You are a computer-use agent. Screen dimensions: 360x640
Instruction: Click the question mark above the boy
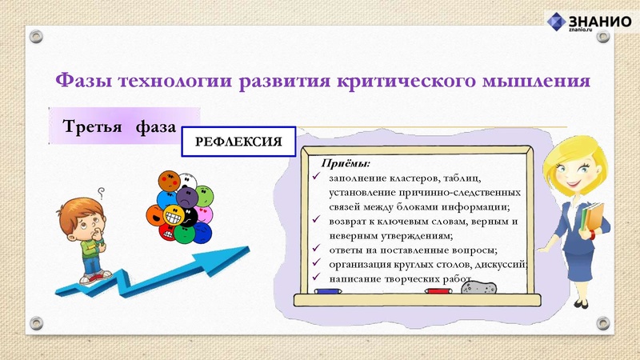[101, 191]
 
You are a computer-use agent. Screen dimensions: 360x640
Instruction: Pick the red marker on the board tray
[438, 292]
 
